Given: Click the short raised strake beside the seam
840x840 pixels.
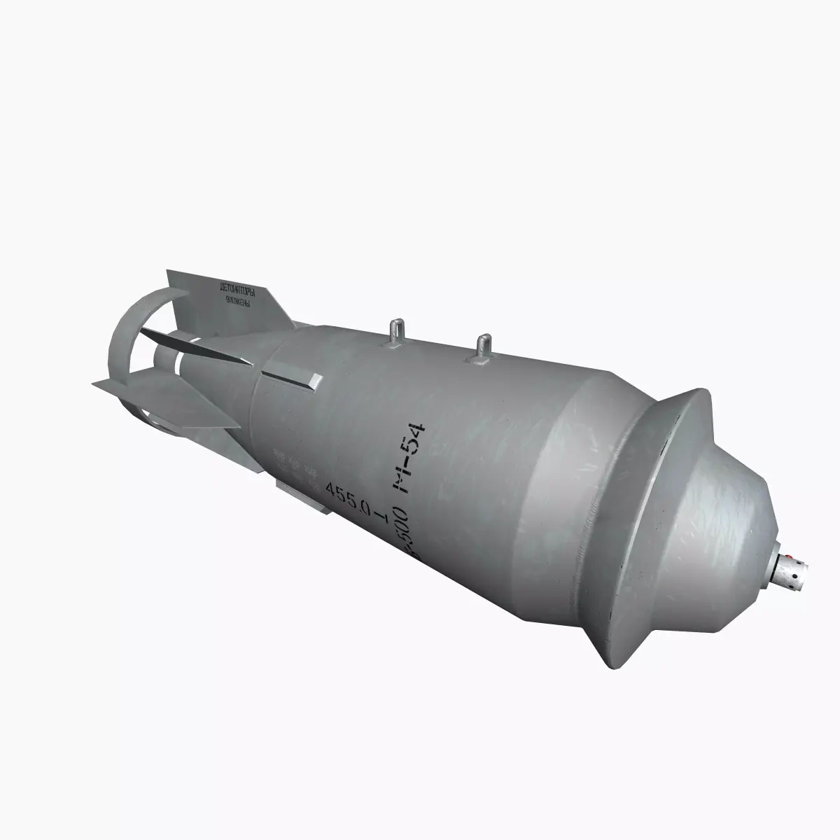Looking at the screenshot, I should pos(293,378).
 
